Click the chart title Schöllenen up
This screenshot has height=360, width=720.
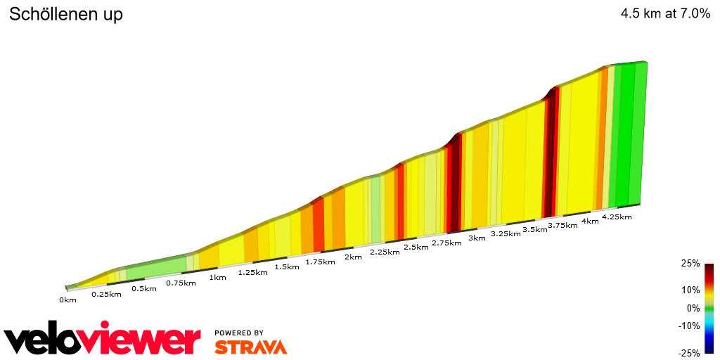click(65, 15)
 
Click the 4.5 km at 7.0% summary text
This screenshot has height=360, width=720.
click(665, 14)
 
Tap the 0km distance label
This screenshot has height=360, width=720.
click(67, 300)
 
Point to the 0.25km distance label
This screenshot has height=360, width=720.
click(106, 294)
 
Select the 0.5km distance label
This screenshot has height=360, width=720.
click(143, 288)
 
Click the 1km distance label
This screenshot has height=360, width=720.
click(217, 277)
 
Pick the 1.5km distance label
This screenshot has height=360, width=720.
click(286, 266)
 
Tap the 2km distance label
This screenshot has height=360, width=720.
click(353, 257)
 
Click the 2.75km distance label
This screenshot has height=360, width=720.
click(447, 243)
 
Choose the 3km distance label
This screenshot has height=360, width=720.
click(477, 238)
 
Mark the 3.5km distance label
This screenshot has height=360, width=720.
click(534, 229)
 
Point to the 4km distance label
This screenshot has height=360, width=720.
click(589, 221)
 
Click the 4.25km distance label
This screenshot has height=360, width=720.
click(617, 217)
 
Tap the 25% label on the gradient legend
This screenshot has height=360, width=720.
click(690, 263)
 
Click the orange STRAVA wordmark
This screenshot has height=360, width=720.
click(250, 347)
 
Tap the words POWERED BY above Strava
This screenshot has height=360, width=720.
click(239, 333)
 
